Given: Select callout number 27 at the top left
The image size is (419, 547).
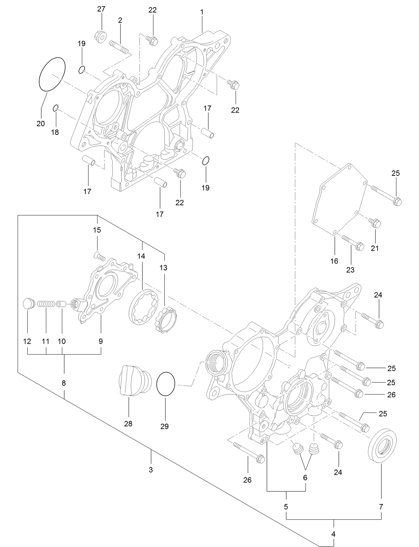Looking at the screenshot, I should click(x=101, y=9).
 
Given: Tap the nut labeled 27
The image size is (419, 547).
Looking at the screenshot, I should click(x=100, y=35).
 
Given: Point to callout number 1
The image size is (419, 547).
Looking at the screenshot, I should click(x=202, y=12).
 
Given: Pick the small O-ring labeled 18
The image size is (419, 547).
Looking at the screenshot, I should click(x=56, y=108).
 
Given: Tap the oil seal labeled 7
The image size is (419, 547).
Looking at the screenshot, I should click(x=382, y=446).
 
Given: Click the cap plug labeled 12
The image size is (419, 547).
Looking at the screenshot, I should click(x=28, y=303).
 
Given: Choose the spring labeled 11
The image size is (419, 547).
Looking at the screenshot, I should click(x=45, y=304).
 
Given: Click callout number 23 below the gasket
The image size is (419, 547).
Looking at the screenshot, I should click(x=350, y=270).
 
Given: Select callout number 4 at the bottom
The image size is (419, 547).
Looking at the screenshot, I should click(x=334, y=534).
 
